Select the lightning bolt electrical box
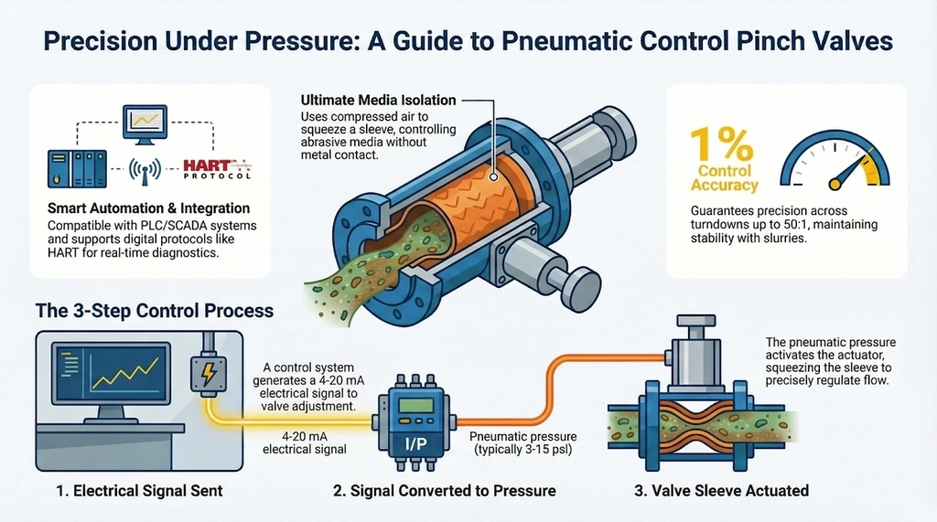pyautogui.click(x=210, y=375)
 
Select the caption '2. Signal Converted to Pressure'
pyautogui.click(x=444, y=491)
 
